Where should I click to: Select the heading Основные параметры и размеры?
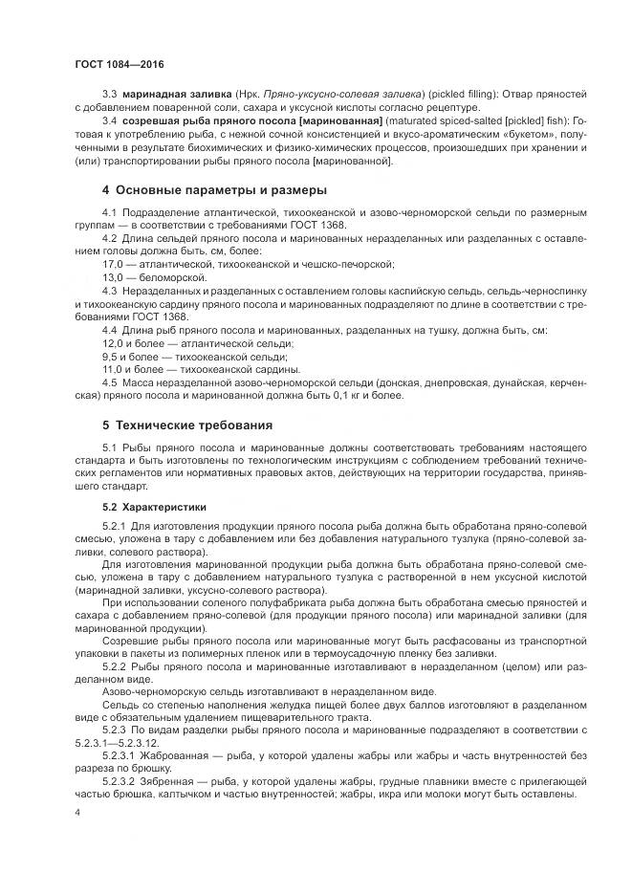click(x=214, y=190)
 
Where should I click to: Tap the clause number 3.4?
click(x=109, y=123)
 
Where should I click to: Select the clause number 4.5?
click(x=109, y=382)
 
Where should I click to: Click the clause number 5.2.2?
click(x=114, y=663)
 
